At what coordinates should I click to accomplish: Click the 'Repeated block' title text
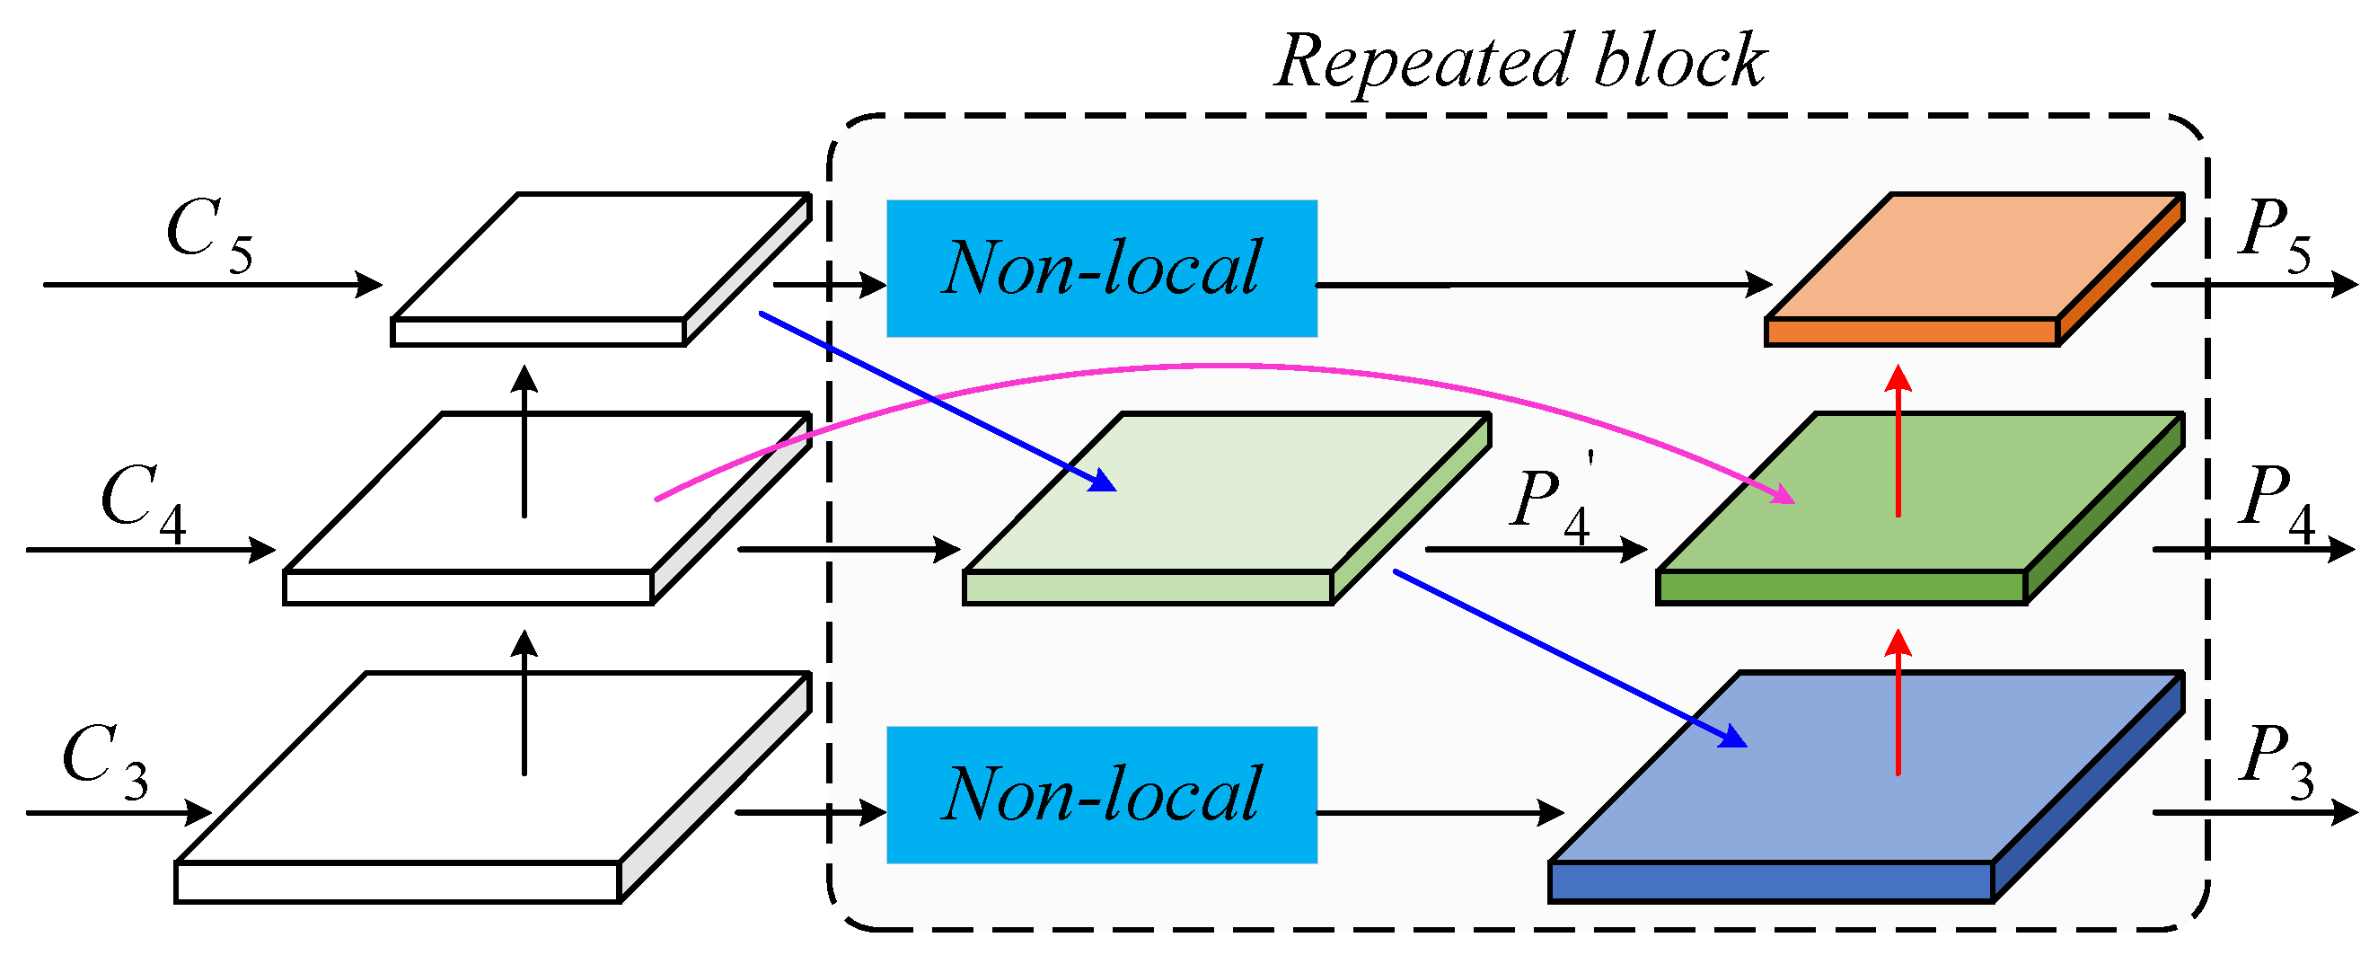click(1519, 62)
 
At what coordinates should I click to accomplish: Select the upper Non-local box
click(1101, 268)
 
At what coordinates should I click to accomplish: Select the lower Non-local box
click(1101, 795)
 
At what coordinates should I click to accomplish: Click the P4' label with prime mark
click(1551, 503)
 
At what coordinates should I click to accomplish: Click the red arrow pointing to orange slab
click(1898, 443)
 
